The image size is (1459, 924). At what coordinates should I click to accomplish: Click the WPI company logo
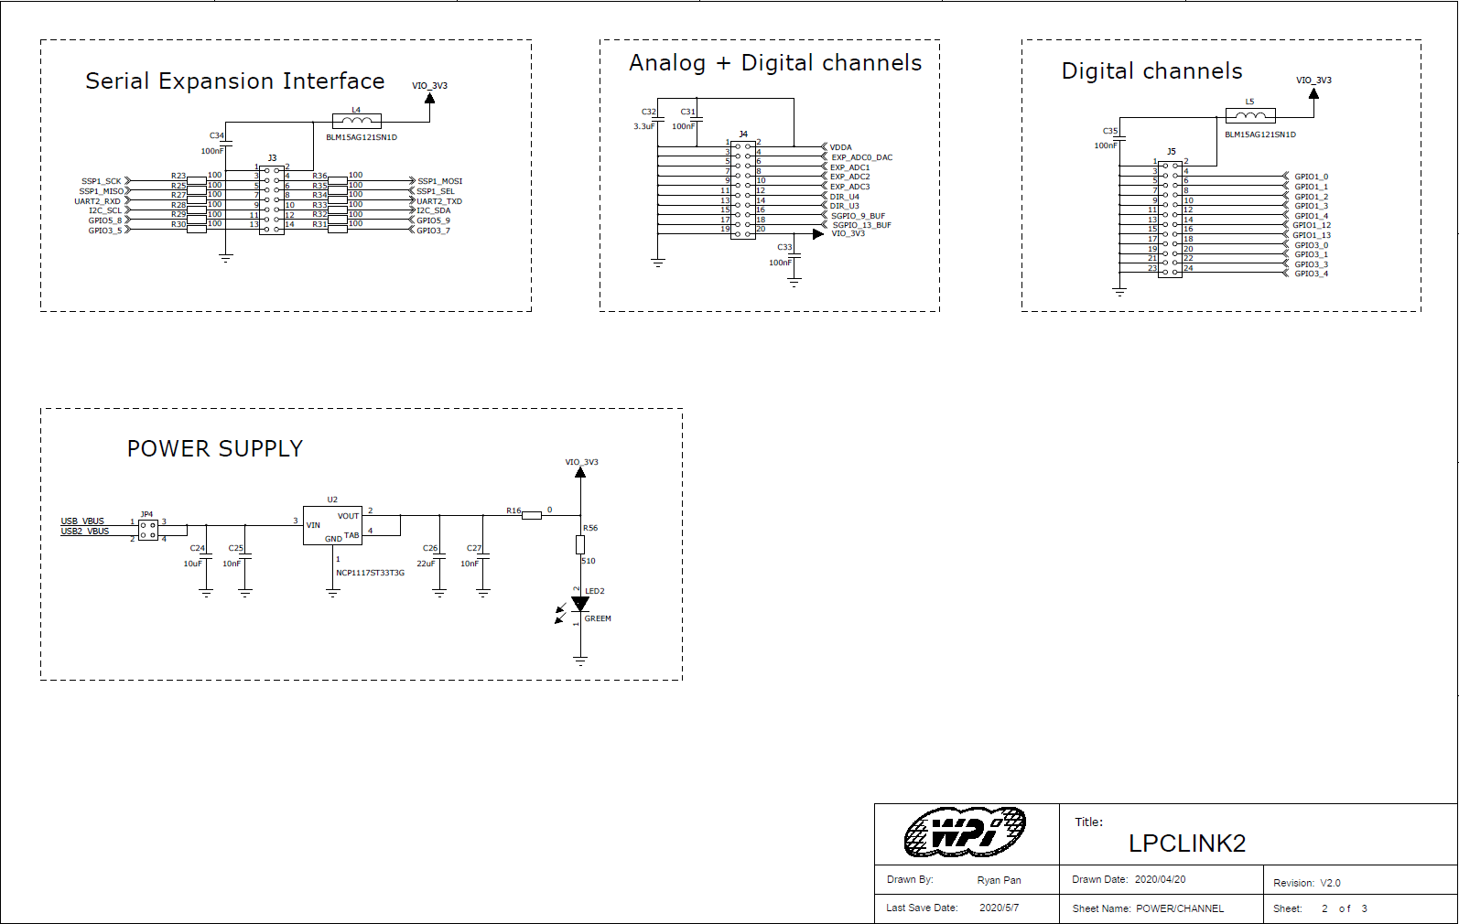pyautogui.click(x=965, y=833)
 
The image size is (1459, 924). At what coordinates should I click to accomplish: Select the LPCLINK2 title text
pyautogui.click(x=1186, y=843)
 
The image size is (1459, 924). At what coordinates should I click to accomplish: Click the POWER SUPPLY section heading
pyautogui.click(x=214, y=449)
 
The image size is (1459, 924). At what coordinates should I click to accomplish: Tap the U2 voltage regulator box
pyautogui.click(x=332, y=525)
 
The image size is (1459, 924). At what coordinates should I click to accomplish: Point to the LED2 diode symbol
pyautogui.click(x=580, y=604)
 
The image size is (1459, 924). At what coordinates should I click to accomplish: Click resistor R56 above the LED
pyautogui.click(x=580, y=544)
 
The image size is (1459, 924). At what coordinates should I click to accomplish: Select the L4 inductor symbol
pyautogui.click(x=356, y=121)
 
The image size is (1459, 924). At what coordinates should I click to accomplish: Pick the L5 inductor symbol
pyautogui.click(x=1250, y=115)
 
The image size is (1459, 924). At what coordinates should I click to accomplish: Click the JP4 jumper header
pyautogui.click(x=147, y=529)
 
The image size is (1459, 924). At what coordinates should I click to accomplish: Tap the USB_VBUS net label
pyautogui.click(x=82, y=521)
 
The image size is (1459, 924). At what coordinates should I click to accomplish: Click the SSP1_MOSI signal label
pyautogui.click(x=439, y=181)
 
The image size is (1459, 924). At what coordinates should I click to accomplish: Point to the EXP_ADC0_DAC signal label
pyautogui.click(x=861, y=157)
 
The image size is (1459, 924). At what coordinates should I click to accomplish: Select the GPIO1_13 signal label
pyautogui.click(x=1312, y=235)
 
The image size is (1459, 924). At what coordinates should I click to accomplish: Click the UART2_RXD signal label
pyautogui.click(x=97, y=201)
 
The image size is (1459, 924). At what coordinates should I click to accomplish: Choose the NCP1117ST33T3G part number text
pyautogui.click(x=370, y=573)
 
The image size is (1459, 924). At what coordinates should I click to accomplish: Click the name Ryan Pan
pyautogui.click(x=999, y=880)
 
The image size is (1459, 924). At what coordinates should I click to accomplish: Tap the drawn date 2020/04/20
pyautogui.click(x=1160, y=879)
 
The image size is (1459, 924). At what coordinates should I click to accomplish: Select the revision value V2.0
pyautogui.click(x=1330, y=883)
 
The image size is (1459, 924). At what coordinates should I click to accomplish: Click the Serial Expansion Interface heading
pyautogui.click(x=234, y=81)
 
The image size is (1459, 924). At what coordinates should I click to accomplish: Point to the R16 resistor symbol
pyautogui.click(x=531, y=515)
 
